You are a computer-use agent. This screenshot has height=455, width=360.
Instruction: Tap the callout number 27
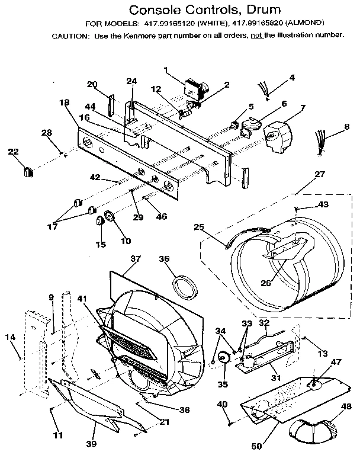coord(320,175)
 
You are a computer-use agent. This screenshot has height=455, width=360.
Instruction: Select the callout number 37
coord(136,259)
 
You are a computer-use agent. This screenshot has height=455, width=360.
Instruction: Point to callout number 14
coord(9,337)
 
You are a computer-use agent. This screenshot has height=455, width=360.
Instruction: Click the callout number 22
coord(13,152)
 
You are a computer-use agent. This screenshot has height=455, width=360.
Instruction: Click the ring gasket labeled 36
coord(185,285)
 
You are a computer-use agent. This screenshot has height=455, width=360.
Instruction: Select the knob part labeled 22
coord(27,171)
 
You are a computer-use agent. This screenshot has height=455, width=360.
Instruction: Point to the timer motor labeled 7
coord(278,137)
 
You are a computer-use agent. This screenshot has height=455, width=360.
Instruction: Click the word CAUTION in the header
coord(70,35)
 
